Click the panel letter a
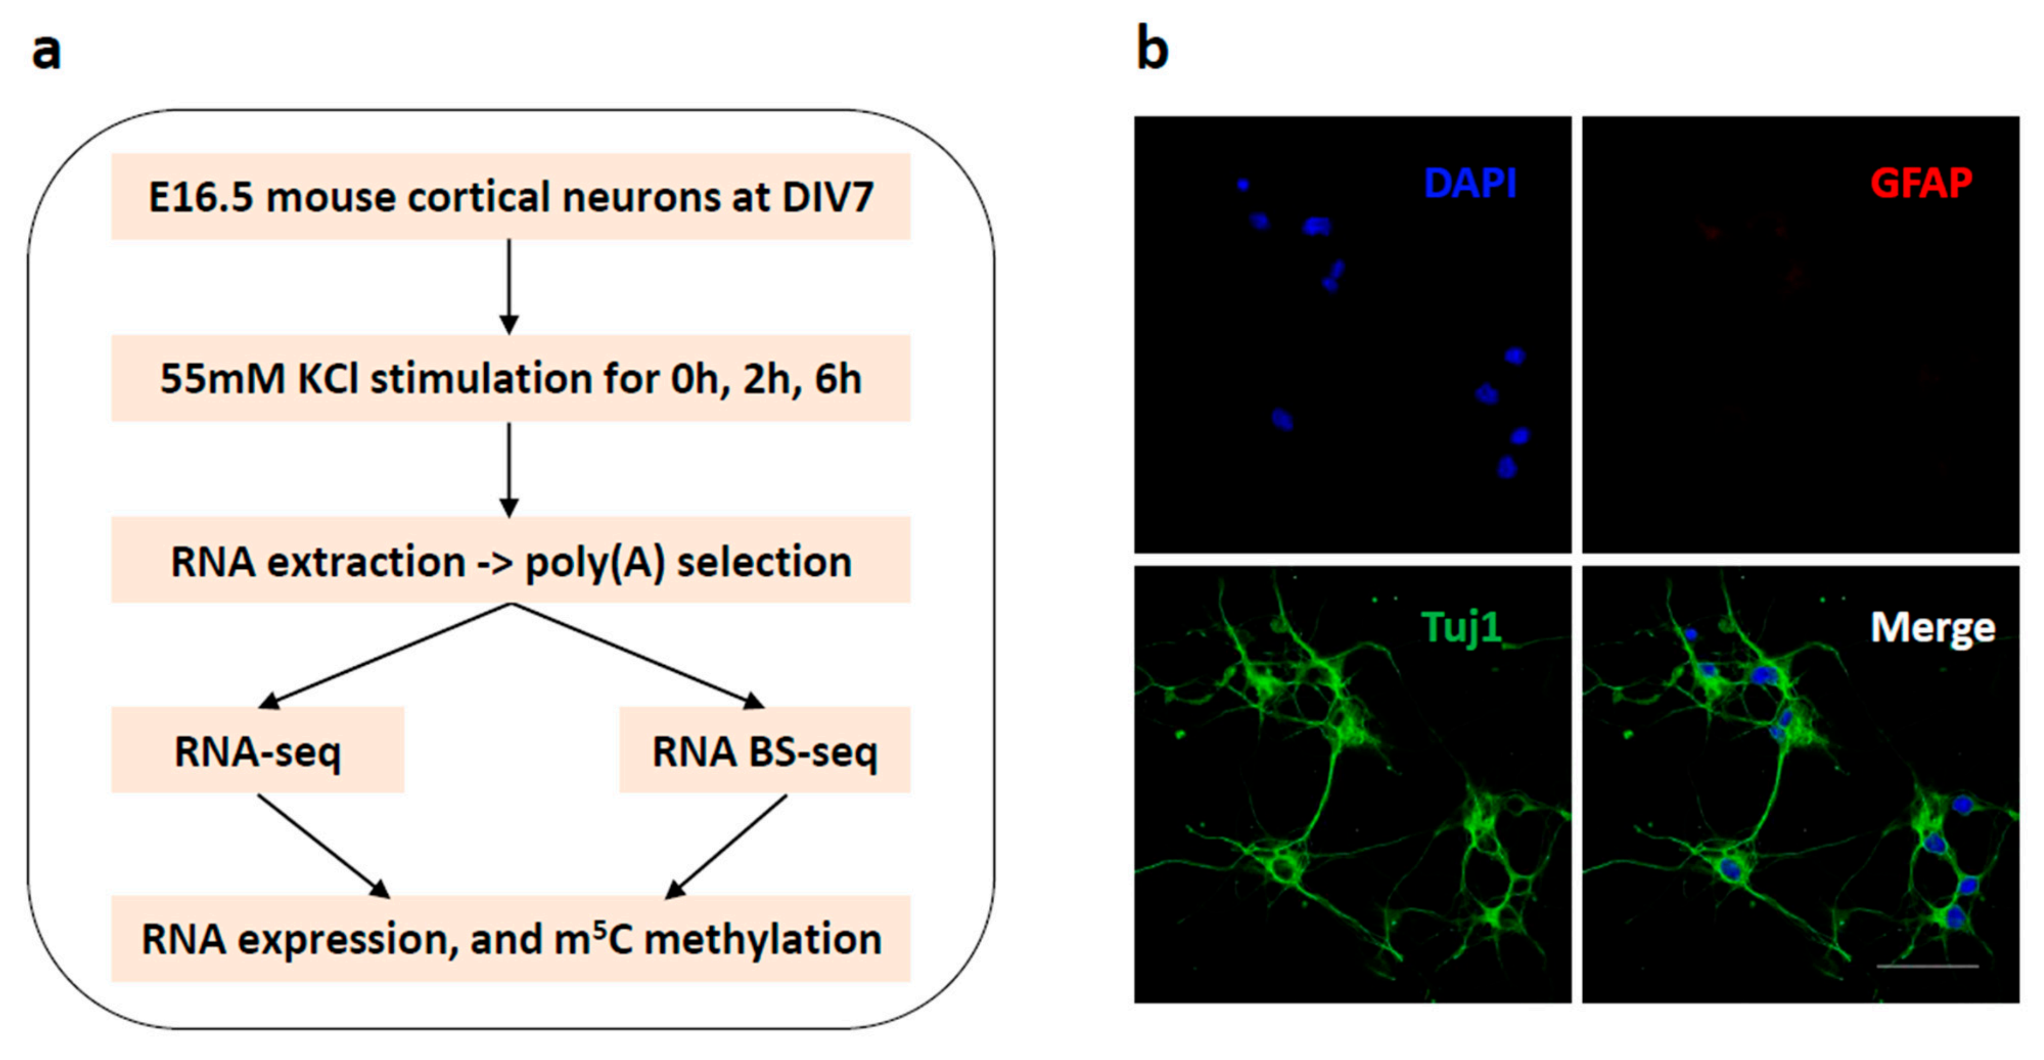(x=46, y=52)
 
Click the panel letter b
(x=1152, y=49)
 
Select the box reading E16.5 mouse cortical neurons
(x=510, y=197)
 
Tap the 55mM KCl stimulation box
(x=510, y=378)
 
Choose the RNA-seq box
(x=258, y=750)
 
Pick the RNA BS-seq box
(x=764, y=750)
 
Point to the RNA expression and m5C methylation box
(x=510, y=938)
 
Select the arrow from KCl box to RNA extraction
(x=509, y=469)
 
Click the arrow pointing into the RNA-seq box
(x=389, y=654)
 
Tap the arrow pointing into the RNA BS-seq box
(x=635, y=654)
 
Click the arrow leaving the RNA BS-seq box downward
(x=726, y=846)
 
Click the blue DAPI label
(x=1470, y=183)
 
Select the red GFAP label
(x=1920, y=183)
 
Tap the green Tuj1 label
(x=1462, y=628)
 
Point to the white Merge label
(x=1932, y=628)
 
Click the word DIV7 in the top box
(x=828, y=197)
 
